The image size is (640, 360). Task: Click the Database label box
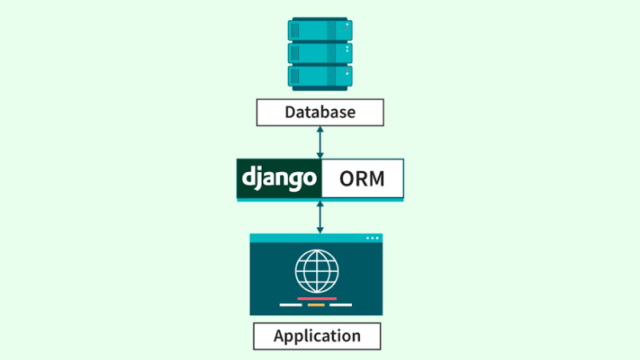[320, 112]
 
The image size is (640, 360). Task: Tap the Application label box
[317, 336]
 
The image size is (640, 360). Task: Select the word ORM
[362, 178]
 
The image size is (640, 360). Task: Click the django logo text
[279, 178]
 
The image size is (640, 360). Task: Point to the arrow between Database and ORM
[320, 142]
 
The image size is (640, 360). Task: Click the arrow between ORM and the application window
[320, 218]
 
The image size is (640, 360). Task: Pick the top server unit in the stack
[320, 30]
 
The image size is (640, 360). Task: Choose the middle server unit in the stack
[320, 53]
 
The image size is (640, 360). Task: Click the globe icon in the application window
[317, 271]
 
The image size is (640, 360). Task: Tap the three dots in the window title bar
[372, 238]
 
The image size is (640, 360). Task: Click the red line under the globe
[317, 298]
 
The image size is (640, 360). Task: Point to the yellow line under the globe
[316, 305]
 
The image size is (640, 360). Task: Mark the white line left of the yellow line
[290, 305]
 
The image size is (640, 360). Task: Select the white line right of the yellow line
[341, 305]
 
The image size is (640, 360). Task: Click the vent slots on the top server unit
[294, 30]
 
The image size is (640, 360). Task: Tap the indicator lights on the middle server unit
[347, 49]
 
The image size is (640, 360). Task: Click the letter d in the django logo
[249, 176]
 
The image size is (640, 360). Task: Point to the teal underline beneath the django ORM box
[320, 200]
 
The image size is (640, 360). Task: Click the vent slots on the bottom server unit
[294, 76]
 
